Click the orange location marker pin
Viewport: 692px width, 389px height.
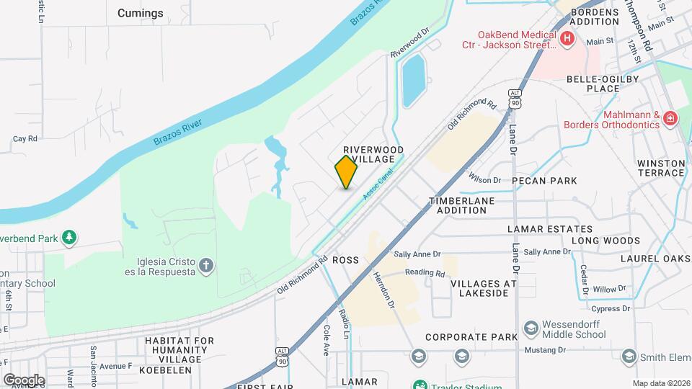pos(346,171)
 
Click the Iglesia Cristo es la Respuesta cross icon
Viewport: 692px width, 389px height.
pos(206,267)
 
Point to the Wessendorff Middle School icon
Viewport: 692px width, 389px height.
pos(531,328)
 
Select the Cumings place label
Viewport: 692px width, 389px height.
pos(140,13)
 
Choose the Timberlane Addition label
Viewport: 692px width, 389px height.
pos(467,205)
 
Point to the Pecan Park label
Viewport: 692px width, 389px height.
pos(545,181)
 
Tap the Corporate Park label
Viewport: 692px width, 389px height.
pos(471,337)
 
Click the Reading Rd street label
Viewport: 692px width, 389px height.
pos(425,273)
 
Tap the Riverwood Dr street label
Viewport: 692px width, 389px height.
pos(409,43)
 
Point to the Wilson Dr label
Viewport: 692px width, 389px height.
pos(484,180)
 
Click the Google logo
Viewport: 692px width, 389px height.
pos(24,380)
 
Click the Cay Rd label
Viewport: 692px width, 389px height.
pos(25,139)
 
